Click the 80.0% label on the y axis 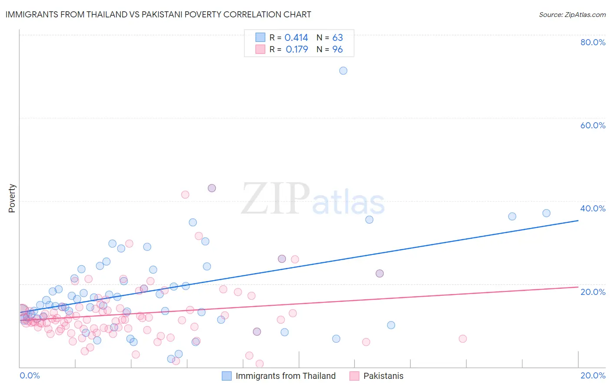[x=593, y=42]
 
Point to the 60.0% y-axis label [x=593, y=125]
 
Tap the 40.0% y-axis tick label [x=593, y=208]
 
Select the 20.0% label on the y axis [x=593, y=292]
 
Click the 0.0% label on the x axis [x=30, y=375]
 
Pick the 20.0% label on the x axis [x=593, y=375]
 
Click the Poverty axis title [x=12, y=198]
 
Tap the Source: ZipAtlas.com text [x=572, y=14]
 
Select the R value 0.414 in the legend [x=296, y=38]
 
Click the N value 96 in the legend [x=337, y=50]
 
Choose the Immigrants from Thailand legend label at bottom [x=286, y=376]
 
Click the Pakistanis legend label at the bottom [x=383, y=376]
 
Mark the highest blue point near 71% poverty [x=343, y=70]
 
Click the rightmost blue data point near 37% [x=546, y=213]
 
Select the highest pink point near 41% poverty [x=185, y=194]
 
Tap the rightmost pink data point [x=463, y=339]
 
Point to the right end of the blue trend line [x=578, y=221]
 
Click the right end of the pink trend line [x=578, y=287]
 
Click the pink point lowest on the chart [x=259, y=364]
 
